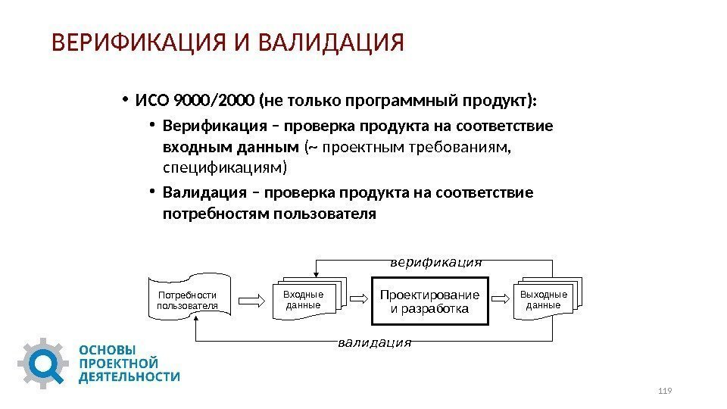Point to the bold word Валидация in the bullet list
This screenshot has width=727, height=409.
199,192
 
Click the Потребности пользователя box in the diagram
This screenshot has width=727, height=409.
187,301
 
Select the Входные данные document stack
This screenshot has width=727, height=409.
304,300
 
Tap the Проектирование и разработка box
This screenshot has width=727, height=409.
429,301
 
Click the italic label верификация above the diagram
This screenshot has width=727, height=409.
435,263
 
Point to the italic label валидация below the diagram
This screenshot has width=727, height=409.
374,342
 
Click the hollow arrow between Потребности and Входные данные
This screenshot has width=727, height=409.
251,301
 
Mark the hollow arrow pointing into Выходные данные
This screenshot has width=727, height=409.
503,301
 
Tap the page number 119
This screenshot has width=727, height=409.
666,390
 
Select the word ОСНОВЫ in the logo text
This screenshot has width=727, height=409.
108,351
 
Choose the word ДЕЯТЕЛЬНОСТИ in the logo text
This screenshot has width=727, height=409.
129,376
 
